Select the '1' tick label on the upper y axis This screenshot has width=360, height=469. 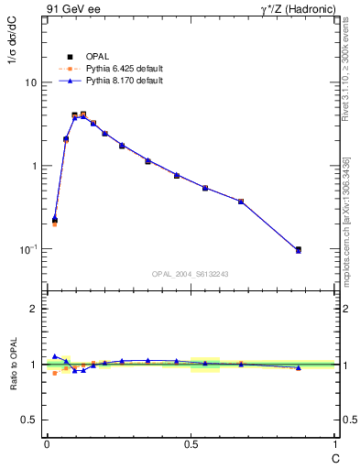tap(33, 166)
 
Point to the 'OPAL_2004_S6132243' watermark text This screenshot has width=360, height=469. tap(191, 274)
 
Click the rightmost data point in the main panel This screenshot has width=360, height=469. tap(298, 249)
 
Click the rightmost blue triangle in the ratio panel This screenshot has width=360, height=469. tap(298, 368)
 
